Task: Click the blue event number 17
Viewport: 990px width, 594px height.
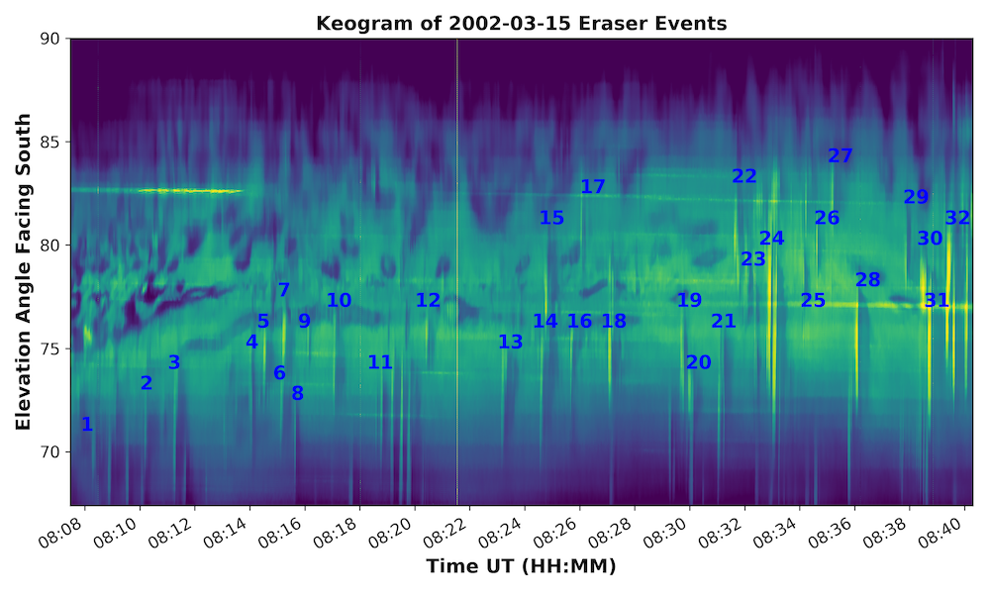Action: [x=593, y=186]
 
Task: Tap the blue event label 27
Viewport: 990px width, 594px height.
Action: [x=841, y=155]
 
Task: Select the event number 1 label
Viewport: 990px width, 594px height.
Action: [x=87, y=425]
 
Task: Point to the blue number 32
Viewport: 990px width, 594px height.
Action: [x=957, y=218]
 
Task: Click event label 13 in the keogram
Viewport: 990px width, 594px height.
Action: [x=510, y=342]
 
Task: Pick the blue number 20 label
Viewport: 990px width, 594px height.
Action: [x=699, y=362]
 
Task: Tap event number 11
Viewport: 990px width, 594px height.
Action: [x=380, y=362]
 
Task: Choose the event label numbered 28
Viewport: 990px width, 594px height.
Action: [x=868, y=280]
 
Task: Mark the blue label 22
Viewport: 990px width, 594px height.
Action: [x=744, y=176]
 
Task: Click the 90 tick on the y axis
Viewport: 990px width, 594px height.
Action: [x=49, y=39]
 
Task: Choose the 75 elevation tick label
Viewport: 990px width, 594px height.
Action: [x=49, y=348]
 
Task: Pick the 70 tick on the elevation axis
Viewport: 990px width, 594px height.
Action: [x=49, y=451]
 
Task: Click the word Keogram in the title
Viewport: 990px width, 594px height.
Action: [x=357, y=23]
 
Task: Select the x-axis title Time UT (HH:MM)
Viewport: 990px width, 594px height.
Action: [x=521, y=567]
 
